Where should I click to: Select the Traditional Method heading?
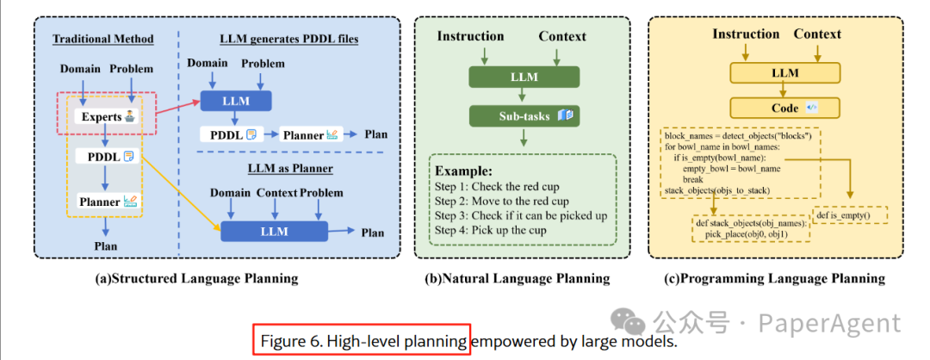click(103, 39)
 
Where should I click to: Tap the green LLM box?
click(524, 78)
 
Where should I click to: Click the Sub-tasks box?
click(524, 115)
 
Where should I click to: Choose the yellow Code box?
click(785, 108)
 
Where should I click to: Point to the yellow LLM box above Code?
click(785, 73)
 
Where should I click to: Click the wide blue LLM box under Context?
click(274, 231)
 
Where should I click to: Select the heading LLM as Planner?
click(290, 169)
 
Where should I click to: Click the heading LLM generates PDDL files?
click(289, 39)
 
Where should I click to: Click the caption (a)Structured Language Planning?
click(196, 278)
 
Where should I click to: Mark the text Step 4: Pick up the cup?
click(490, 230)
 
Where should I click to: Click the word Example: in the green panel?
click(464, 171)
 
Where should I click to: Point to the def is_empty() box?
click(849, 214)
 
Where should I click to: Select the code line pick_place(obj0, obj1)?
click(750, 235)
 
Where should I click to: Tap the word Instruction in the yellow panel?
click(746, 34)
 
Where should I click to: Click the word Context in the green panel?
click(562, 36)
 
